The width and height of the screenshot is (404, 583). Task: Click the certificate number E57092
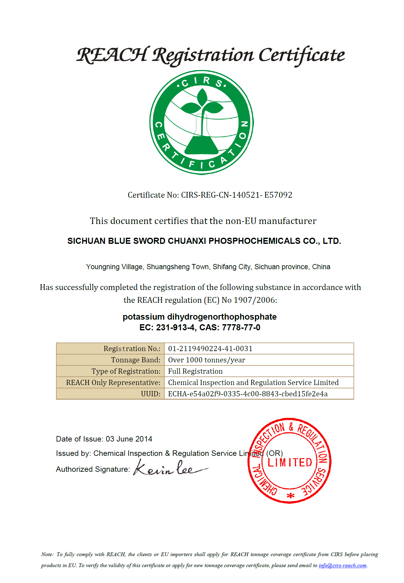278,195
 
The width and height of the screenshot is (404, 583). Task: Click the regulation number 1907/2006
255,300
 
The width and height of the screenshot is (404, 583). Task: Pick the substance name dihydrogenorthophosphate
222,317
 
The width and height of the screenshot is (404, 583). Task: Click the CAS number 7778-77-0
241,328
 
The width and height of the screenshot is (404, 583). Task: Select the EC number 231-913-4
175,328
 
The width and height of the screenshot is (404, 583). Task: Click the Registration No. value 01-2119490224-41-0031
210,349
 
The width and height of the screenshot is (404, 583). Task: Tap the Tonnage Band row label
136,360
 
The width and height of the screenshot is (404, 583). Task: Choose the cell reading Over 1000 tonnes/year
207,360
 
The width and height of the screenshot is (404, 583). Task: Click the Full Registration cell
195,371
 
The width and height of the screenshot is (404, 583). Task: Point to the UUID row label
151,394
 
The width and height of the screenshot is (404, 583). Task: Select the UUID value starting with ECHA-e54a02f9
248,394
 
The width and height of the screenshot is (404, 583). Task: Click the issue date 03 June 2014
129,439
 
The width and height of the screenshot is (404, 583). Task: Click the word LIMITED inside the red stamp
290,463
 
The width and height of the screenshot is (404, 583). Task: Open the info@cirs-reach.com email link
342,565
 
